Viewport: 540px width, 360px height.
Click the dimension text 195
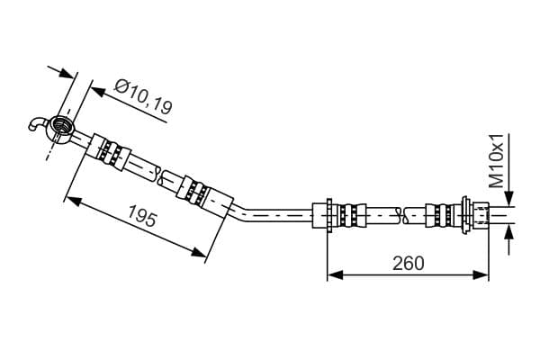(142, 215)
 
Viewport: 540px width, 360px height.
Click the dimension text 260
(409, 264)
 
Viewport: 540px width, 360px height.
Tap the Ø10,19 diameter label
(143, 97)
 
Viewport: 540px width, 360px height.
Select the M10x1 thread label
(497, 161)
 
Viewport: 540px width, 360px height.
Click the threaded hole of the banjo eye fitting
(62, 124)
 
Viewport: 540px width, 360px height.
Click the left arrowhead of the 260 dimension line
(335, 274)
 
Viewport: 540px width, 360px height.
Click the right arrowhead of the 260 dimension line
(481, 274)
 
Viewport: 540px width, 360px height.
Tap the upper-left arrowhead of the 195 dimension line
(74, 202)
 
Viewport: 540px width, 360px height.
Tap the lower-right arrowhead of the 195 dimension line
(199, 252)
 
